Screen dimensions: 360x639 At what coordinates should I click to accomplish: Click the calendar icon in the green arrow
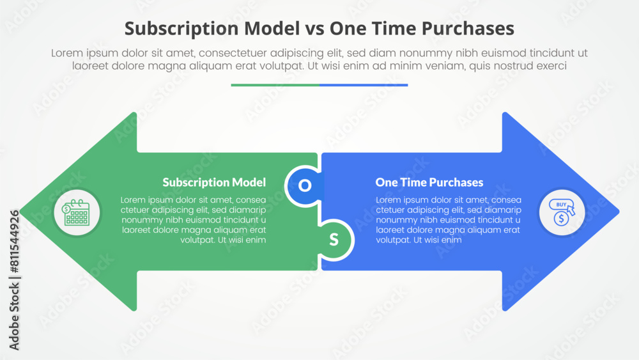pos(76,212)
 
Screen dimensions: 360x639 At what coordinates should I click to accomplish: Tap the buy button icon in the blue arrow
pos(562,212)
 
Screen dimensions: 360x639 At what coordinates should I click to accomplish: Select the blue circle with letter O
pos(305,185)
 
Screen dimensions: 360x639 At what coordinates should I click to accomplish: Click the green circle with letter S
pos(334,240)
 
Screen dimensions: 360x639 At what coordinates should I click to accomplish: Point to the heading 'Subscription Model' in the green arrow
pos(214,182)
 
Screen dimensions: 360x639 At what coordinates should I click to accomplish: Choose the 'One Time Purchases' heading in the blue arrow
pos(429,182)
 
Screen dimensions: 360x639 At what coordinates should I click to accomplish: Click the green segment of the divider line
pos(275,84)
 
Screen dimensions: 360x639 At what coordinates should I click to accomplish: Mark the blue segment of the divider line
pos(364,84)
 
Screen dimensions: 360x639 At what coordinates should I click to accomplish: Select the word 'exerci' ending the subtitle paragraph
pos(550,66)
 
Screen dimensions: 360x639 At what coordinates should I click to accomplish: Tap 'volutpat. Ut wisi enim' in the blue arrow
pos(419,240)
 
